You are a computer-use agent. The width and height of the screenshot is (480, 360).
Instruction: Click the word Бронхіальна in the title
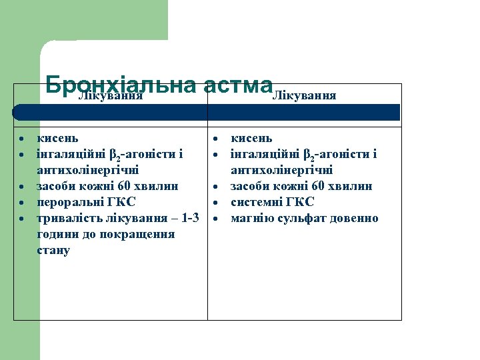pyautogui.click(x=120, y=85)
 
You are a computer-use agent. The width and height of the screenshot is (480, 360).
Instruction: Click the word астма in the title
pyautogui.click(x=236, y=85)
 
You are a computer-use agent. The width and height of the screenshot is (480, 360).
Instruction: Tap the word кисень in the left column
pyautogui.click(x=57, y=138)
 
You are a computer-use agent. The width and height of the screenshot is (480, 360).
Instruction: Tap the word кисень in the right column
pyautogui.click(x=251, y=138)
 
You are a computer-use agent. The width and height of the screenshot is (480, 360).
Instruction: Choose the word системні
pyautogui.click(x=257, y=202)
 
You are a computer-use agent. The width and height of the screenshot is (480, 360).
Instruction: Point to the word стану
pyautogui.click(x=53, y=250)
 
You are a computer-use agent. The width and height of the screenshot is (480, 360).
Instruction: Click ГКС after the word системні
pyautogui.click(x=299, y=202)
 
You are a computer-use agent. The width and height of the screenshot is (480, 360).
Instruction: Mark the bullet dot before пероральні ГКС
pyautogui.click(x=23, y=203)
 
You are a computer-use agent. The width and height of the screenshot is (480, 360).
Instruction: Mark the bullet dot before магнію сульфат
pyautogui.click(x=217, y=219)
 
